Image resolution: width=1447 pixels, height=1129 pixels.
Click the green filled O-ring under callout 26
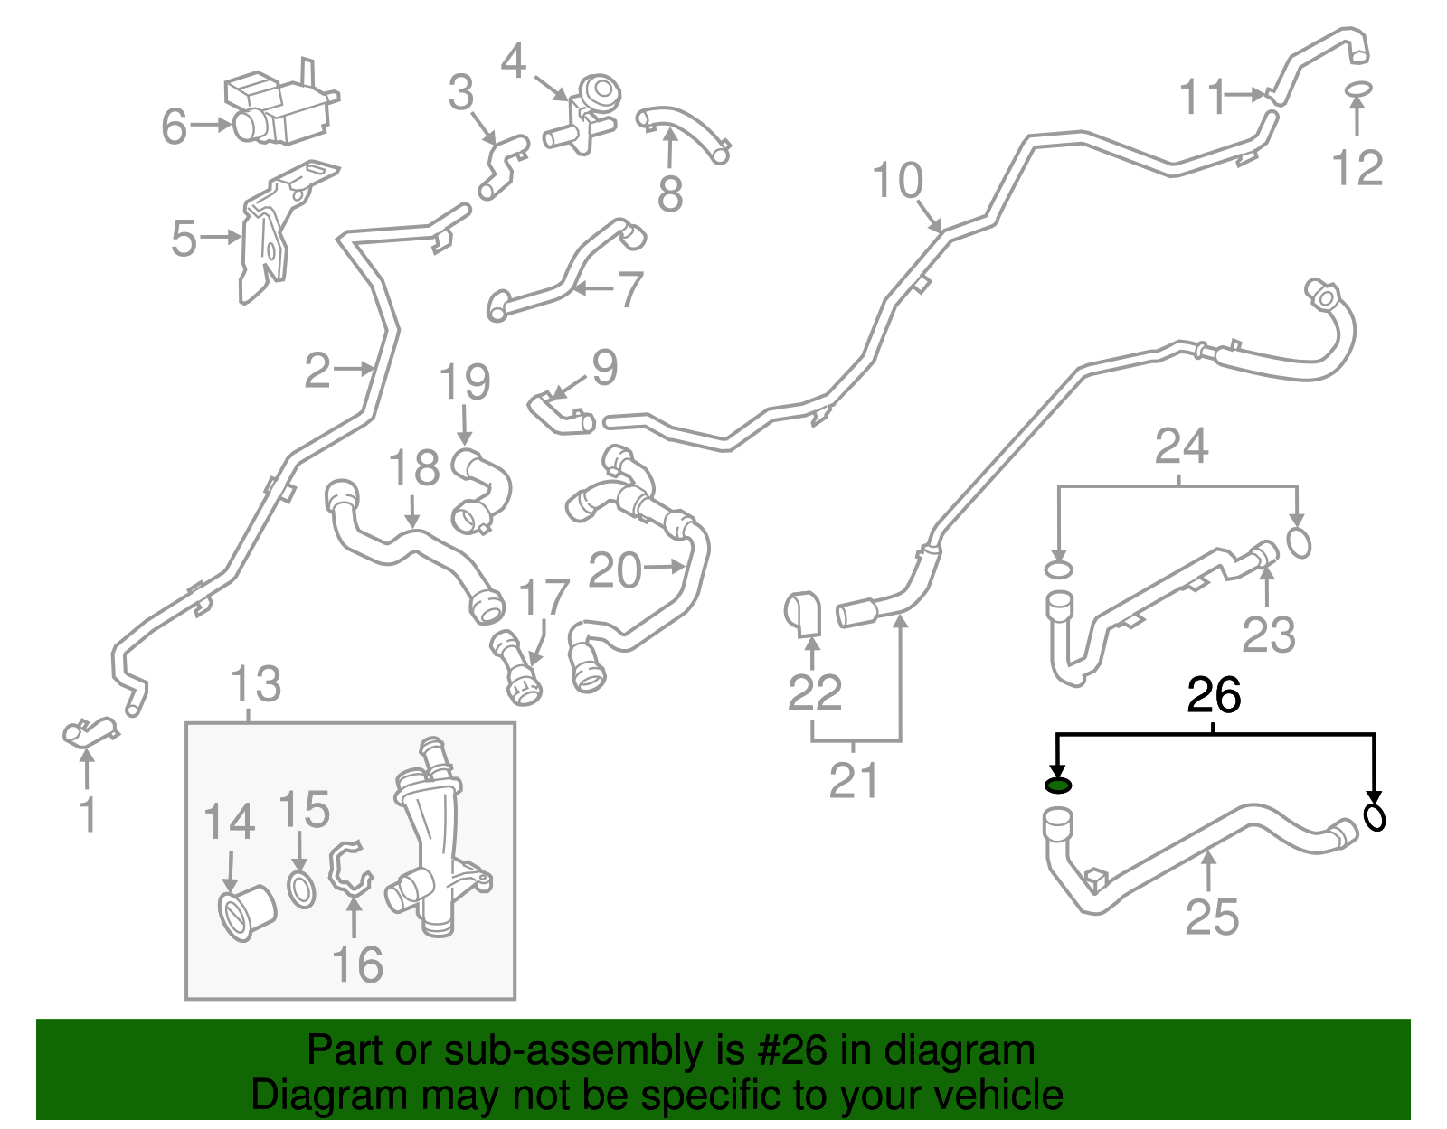1057,786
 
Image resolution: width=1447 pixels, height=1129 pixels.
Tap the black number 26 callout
1214,695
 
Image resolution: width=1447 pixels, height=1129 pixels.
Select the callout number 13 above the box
256,683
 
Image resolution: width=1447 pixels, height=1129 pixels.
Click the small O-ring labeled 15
302,890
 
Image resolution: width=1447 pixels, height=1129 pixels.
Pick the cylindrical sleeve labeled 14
247,911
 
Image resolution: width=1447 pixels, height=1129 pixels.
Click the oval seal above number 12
1357,89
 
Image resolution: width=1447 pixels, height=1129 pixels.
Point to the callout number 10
897,180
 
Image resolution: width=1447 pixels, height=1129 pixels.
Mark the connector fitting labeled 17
516,668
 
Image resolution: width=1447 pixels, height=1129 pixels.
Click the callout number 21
854,780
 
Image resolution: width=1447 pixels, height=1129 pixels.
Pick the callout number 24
1180,446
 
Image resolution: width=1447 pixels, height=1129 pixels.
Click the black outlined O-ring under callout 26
1375,817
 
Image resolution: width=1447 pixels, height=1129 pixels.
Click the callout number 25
1212,917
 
